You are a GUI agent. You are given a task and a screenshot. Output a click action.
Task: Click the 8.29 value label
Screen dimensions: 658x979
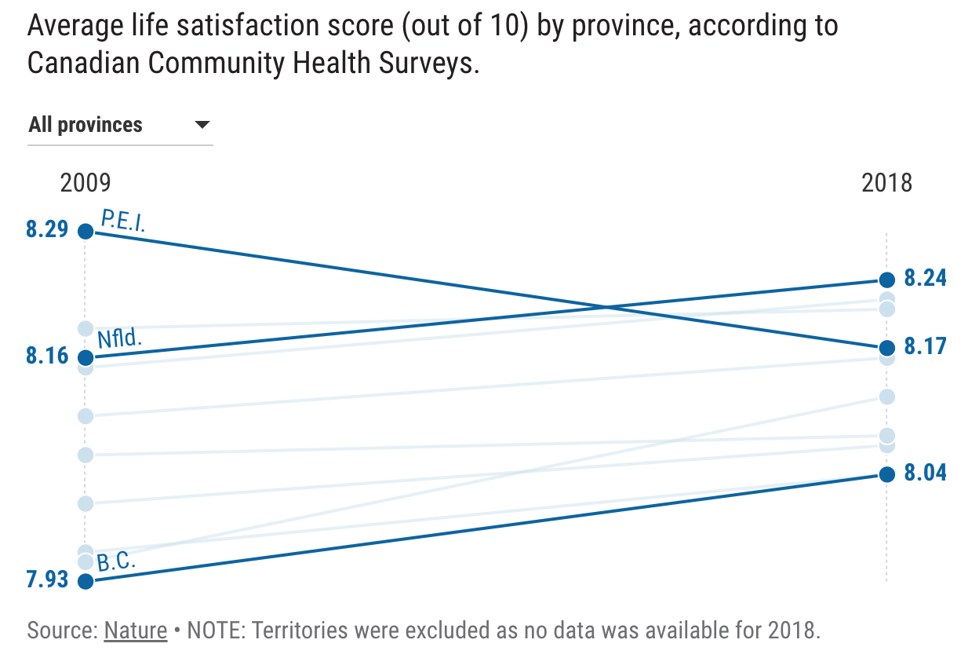(47, 230)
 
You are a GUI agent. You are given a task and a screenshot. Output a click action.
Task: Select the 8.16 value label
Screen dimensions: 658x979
(47, 356)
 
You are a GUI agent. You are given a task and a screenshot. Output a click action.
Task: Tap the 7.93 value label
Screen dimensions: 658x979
(47, 580)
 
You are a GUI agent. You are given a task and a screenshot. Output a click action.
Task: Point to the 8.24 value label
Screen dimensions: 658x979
(925, 279)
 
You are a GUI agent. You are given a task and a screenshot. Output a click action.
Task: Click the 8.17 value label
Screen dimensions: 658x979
(925, 346)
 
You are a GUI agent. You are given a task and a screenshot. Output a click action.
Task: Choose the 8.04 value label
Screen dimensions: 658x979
(925, 473)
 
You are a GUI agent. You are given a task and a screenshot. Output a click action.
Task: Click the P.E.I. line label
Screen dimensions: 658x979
(123, 221)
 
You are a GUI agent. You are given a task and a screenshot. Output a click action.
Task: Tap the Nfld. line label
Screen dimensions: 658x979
(119, 339)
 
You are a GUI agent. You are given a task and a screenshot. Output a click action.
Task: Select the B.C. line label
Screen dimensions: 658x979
(117, 562)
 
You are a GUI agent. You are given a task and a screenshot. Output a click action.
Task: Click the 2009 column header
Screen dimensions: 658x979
(86, 183)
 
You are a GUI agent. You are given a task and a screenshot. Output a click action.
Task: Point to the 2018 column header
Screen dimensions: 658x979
(886, 183)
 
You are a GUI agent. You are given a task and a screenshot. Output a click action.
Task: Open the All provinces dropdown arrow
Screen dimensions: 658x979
(202, 125)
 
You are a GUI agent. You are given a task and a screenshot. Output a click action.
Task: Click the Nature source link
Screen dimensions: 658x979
(136, 631)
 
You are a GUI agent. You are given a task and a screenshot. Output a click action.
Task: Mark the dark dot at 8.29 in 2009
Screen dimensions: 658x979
(86, 231)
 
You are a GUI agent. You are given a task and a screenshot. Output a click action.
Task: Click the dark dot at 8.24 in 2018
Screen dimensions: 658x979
(886, 280)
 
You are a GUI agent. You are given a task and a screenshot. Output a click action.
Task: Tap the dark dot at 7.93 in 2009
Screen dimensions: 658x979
(86, 581)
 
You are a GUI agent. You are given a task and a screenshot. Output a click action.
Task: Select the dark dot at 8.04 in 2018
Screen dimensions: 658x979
(886, 474)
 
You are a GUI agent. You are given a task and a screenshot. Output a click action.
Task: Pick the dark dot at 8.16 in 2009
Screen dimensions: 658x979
(86, 357)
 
